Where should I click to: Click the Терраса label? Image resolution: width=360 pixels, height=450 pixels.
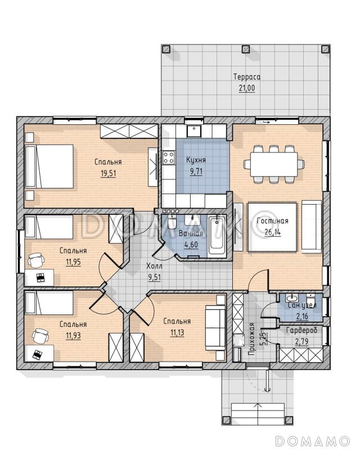point(247,77)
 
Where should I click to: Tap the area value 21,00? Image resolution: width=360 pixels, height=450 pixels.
point(247,88)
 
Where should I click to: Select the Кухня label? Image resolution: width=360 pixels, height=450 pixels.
point(196,160)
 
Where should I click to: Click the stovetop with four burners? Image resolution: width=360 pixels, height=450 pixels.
point(169,157)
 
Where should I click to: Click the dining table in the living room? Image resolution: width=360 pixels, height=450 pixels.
point(274,164)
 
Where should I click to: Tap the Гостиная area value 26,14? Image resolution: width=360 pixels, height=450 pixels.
point(273,232)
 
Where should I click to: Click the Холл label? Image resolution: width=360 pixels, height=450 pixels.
point(154,266)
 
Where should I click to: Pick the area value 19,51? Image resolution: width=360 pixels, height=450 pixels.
point(108,173)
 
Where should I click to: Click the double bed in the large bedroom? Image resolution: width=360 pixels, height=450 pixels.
point(49,166)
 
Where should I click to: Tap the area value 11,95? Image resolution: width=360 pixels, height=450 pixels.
point(73,262)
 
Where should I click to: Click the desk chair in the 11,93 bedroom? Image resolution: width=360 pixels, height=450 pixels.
point(38,336)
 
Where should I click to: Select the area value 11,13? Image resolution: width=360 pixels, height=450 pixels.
point(177,333)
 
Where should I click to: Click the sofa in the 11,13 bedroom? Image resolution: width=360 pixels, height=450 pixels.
point(215,328)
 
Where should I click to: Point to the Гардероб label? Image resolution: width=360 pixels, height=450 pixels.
point(301,331)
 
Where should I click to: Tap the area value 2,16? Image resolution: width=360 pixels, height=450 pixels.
point(302,317)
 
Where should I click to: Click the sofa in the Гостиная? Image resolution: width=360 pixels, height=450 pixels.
point(312,227)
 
